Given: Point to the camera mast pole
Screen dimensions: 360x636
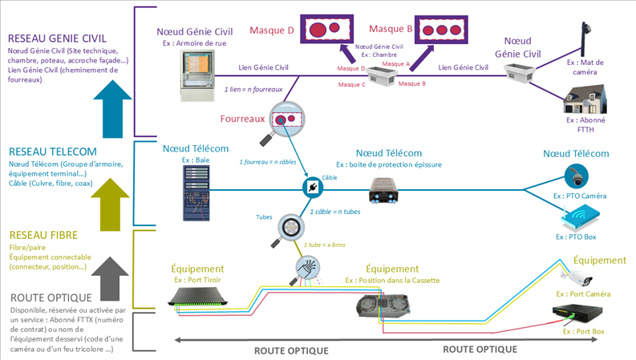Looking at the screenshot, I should pos(583,40).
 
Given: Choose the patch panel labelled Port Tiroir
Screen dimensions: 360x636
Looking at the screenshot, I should pos(202,298).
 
